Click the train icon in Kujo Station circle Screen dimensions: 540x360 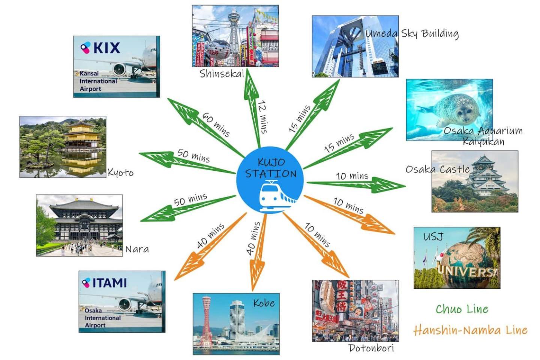click(x=277, y=196)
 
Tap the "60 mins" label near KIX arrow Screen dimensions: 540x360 click(x=216, y=124)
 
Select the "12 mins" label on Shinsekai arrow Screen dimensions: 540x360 click(x=263, y=117)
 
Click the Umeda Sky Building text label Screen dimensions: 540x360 click(x=412, y=34)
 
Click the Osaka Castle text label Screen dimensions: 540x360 click(x=438, y=169)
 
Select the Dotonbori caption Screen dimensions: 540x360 click(x=371, y=348)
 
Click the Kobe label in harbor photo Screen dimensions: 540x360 click(x=264, y=303)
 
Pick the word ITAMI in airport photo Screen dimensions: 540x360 click(x=109, y=283)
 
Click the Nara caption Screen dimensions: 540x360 click(x=137, y=249)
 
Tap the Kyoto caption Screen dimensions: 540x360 click(x=120, y=172)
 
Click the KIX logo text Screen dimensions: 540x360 click(x=106, y=48)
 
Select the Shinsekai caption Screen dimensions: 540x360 click(x=222, y=74)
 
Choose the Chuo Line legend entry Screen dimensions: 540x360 click(x=462, y=309)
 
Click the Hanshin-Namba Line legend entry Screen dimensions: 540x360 click(x=470, y=330)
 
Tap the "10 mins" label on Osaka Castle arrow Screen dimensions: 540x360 click(x=352, y=176)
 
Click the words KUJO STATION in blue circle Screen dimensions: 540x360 click(x=271, y=168)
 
